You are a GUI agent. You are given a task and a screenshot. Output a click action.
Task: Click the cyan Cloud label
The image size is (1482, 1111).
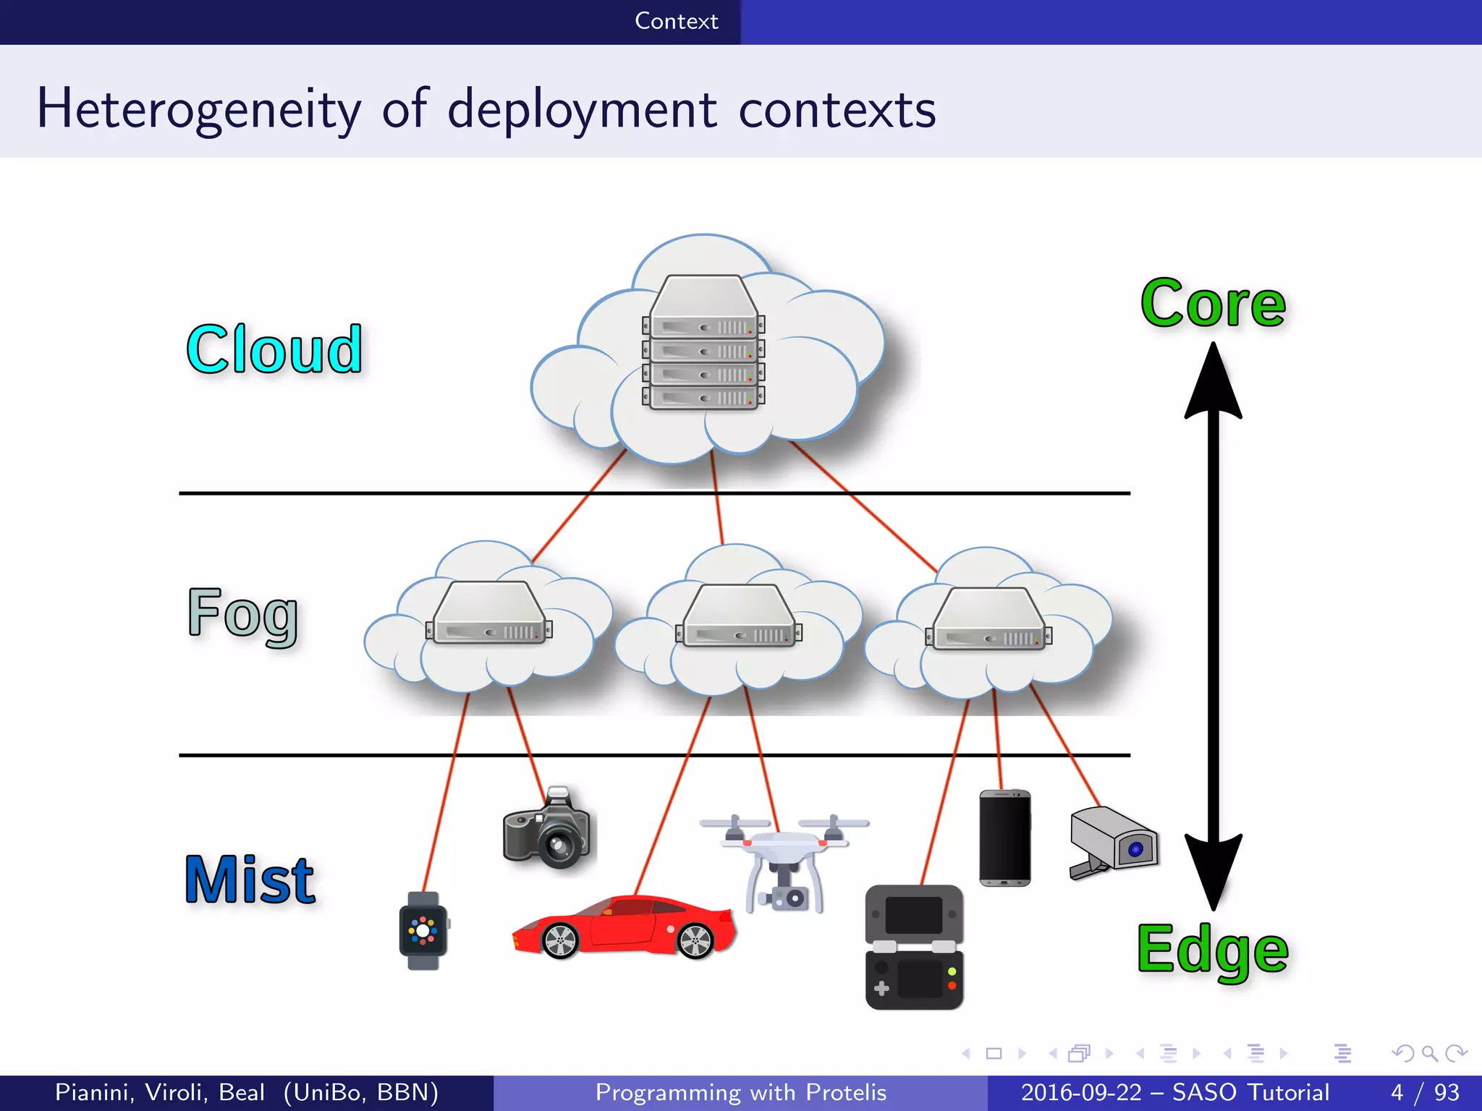pyautogui.click(x=274, y=349)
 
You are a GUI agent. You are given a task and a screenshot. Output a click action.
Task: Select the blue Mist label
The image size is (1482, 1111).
pyautogui.click(x=250, y=880)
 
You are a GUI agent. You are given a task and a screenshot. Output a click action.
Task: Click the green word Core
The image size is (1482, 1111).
pyautogui.click(x=1213, y=304)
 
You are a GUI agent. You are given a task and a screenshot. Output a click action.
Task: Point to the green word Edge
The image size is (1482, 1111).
pyautogui.click(x=1213, y=950)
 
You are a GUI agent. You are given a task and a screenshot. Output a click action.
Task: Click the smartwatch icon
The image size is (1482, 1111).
pyautogui.click(x=423, y=931)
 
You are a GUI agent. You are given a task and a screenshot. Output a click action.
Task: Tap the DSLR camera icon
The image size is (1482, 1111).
pyautogui.click(x=547, y=829)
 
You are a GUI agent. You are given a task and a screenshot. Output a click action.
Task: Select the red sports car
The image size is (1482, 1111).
pyautogui.click(x=624, y=928)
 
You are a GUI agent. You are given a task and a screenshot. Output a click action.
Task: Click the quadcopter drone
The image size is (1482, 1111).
pyautogui.click(x=784, y=861)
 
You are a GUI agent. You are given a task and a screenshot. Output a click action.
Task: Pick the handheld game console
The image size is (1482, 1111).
pyautogui.click(x=914, y=947)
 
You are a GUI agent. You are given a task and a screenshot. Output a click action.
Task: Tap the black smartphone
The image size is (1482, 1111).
pyautogui.click(x=1004, y=838)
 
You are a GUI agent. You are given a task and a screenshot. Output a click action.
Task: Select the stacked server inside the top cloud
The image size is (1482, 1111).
pyautogui.click(x=703, y=344)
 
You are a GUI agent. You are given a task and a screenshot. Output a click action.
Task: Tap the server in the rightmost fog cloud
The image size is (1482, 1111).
pyautogui.click(x=988, y=619)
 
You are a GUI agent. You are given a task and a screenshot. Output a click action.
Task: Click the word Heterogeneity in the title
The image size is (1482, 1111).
pyautogui.click(x=199, y=109)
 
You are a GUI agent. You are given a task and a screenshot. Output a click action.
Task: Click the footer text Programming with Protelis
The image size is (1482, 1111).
pyautogui.click(x=740, y=1092)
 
